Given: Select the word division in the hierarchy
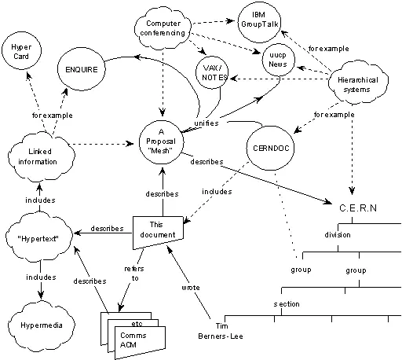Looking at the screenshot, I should point(338,234).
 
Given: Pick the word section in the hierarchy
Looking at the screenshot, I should point(286,303).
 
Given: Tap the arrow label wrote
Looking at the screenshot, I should point(191,287).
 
